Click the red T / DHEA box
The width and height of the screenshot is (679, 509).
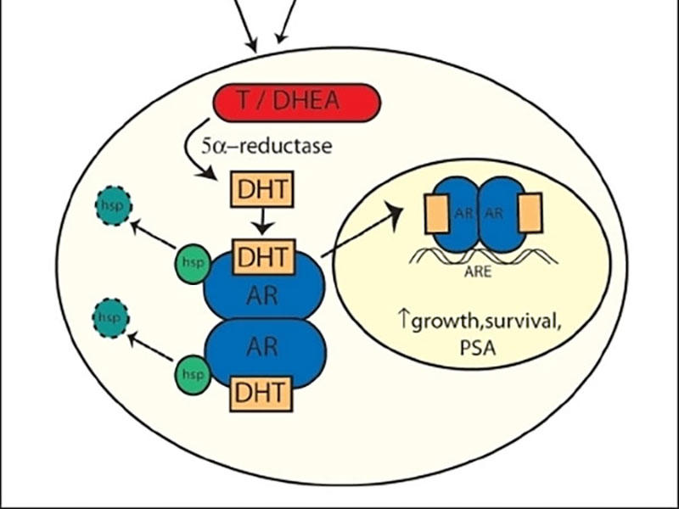(x=296, y=103)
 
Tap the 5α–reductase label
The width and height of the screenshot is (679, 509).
(x=267, y=146)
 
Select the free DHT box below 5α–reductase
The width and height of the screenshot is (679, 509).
(x=262, y=189)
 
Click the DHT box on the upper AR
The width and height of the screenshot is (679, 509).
(x=264, y=256)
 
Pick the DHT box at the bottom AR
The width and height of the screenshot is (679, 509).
(x=261, y=394)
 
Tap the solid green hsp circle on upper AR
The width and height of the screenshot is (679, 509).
(x=193, y=264)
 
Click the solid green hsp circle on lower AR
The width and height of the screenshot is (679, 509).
(x=193, y=375)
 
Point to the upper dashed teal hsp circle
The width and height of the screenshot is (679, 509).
(x=114, y=205)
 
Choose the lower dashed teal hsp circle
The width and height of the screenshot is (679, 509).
(x=111, y=318)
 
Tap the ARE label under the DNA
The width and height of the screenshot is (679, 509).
(x=478, y=271)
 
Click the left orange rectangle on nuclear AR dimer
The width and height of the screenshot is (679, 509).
(x=437, y=214)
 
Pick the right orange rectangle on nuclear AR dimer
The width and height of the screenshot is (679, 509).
(x=530, y=213)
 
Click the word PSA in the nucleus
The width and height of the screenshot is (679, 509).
(x=478, y=348)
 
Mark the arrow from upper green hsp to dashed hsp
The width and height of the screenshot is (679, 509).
(x=153, y=234)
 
